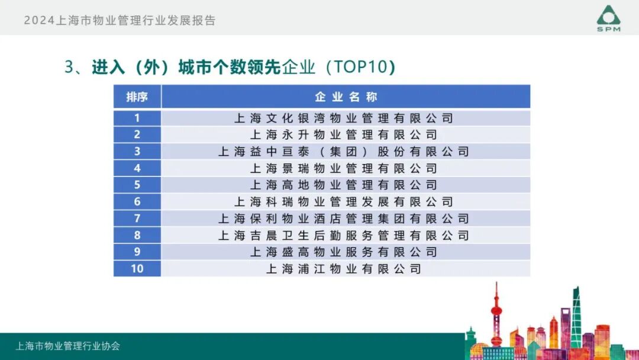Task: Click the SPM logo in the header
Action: (x=608, y=18)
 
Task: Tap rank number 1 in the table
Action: (x=137, y=118)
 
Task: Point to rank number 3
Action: (x=137, y=152)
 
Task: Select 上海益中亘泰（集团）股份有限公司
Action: (x=344, y=152)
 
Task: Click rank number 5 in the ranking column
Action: (x=137, y=185)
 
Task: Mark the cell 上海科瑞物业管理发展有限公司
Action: (x=344, y=202)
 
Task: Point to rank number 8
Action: (x=137, y=235)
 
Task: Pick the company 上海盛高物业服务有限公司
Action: (x=344, y=252)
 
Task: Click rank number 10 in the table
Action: (x=137, y=269)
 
